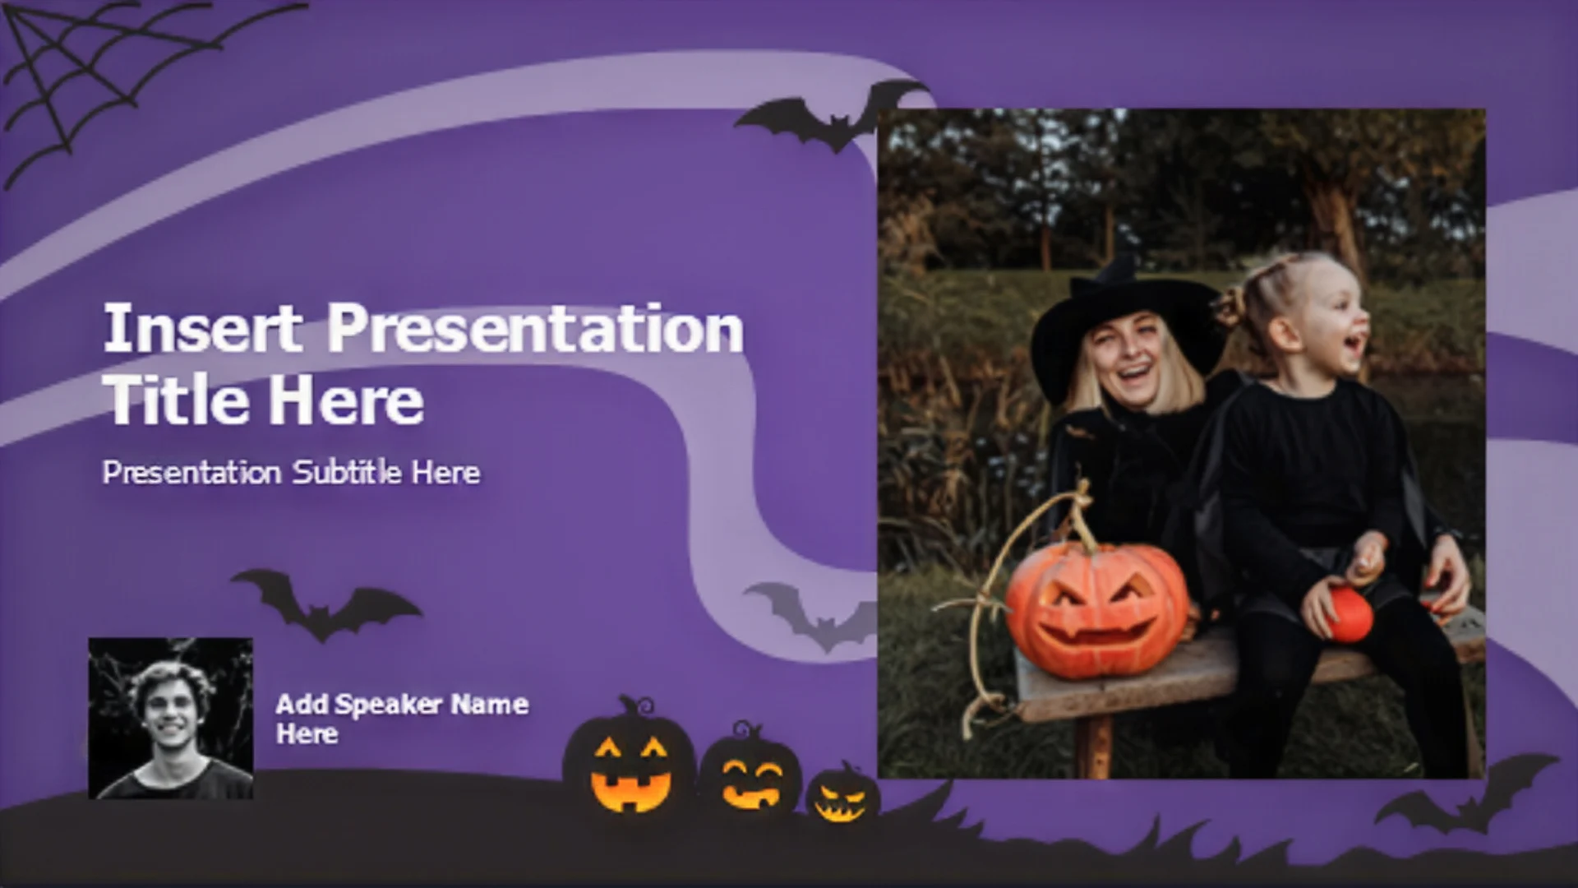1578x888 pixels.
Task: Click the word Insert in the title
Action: [x=201, y=328]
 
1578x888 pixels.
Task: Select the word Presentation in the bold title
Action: [x=536, y=328]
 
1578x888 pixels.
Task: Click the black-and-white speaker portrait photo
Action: [x=171, y=718]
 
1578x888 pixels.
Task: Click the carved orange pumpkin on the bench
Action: [x=1097, y=608]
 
